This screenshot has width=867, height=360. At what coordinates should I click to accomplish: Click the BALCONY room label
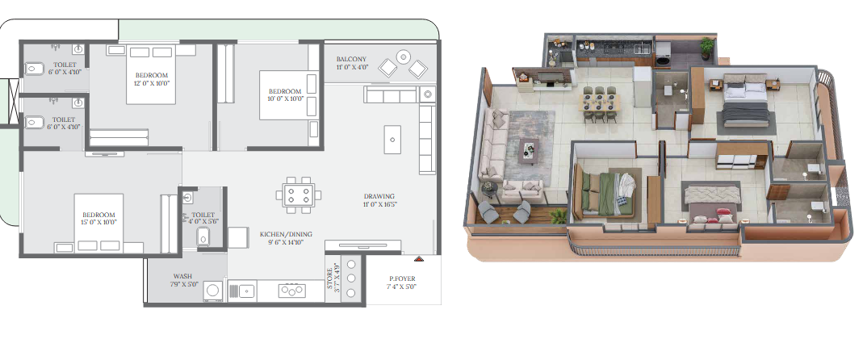tap(351, 59)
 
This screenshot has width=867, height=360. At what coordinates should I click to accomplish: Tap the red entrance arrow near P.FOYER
tap(419, 258)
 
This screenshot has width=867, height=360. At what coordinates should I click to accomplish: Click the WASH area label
tap(182, 276)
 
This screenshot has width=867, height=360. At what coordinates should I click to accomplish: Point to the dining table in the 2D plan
tap(299, 195)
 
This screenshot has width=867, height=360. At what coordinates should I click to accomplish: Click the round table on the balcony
tap(404, 57)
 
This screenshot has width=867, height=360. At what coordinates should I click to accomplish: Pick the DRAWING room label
tap(379, 196)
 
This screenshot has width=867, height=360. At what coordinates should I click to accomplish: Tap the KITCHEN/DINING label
tap(282, 234)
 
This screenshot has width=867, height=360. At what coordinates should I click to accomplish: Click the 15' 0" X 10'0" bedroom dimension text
tap(99, 222)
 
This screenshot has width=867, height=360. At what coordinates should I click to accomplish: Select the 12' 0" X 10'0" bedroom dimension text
tap(151, 83)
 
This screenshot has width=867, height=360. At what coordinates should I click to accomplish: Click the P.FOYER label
tap(402, 278)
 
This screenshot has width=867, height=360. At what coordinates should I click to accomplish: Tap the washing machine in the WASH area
tap(212, 291)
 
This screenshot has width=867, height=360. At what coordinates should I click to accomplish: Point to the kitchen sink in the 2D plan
tap(241, 291)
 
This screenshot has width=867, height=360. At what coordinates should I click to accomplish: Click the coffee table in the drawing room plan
tap(392, 140)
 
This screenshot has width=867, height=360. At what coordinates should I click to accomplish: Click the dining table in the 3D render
tap(599, 103)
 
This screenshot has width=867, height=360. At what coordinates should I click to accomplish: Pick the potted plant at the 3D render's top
tap(706, 48)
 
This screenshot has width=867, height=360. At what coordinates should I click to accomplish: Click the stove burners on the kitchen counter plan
tap(291, 291)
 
